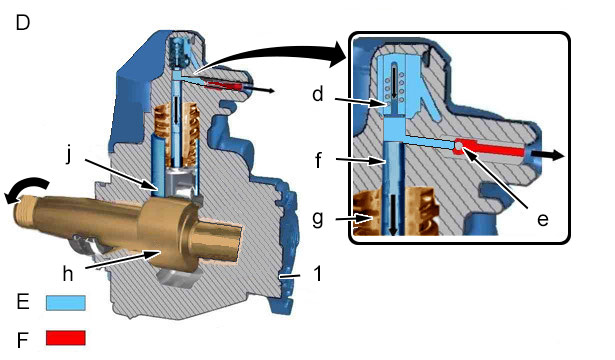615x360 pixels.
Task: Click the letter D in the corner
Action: point(23,23)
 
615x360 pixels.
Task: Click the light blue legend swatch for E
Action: point(66,303)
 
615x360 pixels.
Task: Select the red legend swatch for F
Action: point(66,338)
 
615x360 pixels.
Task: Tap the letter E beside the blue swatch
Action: point(23,302)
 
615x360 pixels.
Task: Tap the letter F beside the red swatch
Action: point(23,340)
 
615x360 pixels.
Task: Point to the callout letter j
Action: point(69,156)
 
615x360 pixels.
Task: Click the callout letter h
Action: point(68,273)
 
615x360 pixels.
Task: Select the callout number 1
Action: point(318,273)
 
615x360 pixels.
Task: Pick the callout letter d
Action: point(318,94)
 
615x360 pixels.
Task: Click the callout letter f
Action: point(318,160)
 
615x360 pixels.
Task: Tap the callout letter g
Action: point(318,218)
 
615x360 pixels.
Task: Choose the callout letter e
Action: point(542,220)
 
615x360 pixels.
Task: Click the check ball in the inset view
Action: point(459,147)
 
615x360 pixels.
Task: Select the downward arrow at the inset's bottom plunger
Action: point(394,215)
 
